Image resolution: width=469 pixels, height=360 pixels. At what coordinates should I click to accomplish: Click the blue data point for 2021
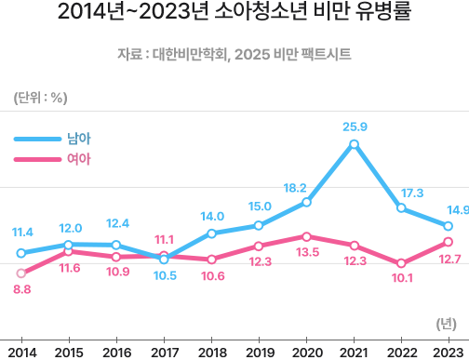[x=354, y=144]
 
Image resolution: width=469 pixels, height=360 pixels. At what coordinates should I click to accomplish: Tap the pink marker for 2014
[x=21, y=273]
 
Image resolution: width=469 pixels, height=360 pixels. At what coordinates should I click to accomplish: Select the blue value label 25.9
[x=354, y=127]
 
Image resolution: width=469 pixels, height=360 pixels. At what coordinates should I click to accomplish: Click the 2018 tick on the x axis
[x=211, y=351]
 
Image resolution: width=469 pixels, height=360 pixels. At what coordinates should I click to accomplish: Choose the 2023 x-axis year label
[x=449, y=351]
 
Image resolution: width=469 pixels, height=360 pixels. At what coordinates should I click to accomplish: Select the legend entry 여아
[x=78, y=159]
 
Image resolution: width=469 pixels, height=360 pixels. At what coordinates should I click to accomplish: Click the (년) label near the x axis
[x=445, y=323]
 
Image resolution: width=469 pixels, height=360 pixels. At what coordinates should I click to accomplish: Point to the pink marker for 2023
[x=449, y=242]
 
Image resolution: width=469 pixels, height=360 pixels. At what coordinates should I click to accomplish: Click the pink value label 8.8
[x=21, y=290]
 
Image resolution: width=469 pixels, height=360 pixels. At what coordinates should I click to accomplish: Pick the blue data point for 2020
[x=306, y=202]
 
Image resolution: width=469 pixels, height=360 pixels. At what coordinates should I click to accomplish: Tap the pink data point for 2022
[x=401, y=263]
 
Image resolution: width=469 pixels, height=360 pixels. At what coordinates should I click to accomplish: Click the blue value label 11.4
[x=22, y=232]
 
